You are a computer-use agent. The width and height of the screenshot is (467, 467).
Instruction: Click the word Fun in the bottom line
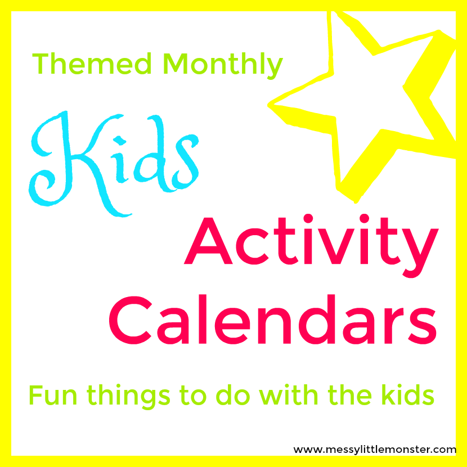tap(51, 396)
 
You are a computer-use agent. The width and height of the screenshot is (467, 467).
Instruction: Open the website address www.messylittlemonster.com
tap(374, 450)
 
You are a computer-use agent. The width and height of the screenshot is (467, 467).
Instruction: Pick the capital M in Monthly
tap(176, 64)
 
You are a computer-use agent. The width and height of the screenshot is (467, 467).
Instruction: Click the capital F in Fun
tap(35, 396)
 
